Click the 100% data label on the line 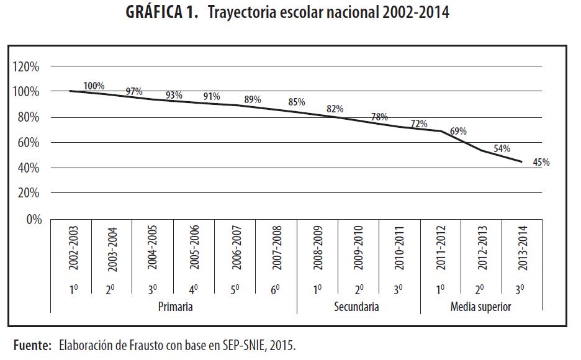tap(94, 86)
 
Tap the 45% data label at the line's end tap(541, 163)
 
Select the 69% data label tap(458, 132)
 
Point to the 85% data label tap(296, 102)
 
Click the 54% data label tap(502, 149)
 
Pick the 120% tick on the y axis tap(25, 66)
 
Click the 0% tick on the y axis tap(32, 219)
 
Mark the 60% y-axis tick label tap(28, 143)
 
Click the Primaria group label tap(175, 307)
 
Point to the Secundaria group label tap(356, 307)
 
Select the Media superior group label tap(481, 307)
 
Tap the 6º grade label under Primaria tap(276, 289)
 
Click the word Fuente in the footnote tap(32, 344)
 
